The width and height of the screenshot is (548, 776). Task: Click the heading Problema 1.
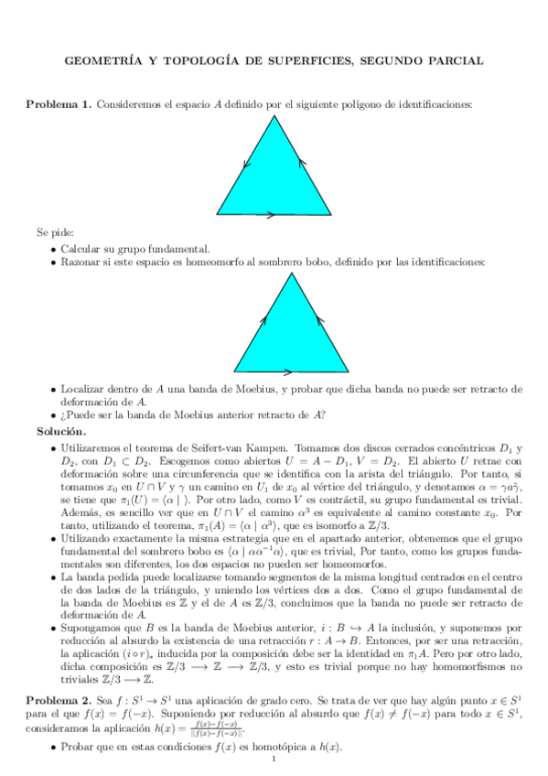(57, 105)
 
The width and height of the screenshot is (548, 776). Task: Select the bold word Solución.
(61, 431)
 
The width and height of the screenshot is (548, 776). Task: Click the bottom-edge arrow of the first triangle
(274, 211)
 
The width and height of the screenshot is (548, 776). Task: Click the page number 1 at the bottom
(274, 760)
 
